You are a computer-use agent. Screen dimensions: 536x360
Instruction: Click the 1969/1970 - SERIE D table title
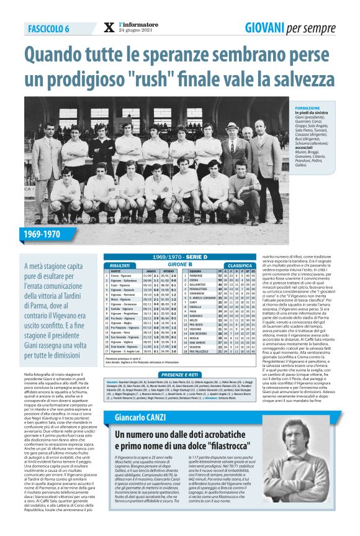tap(179, 257)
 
